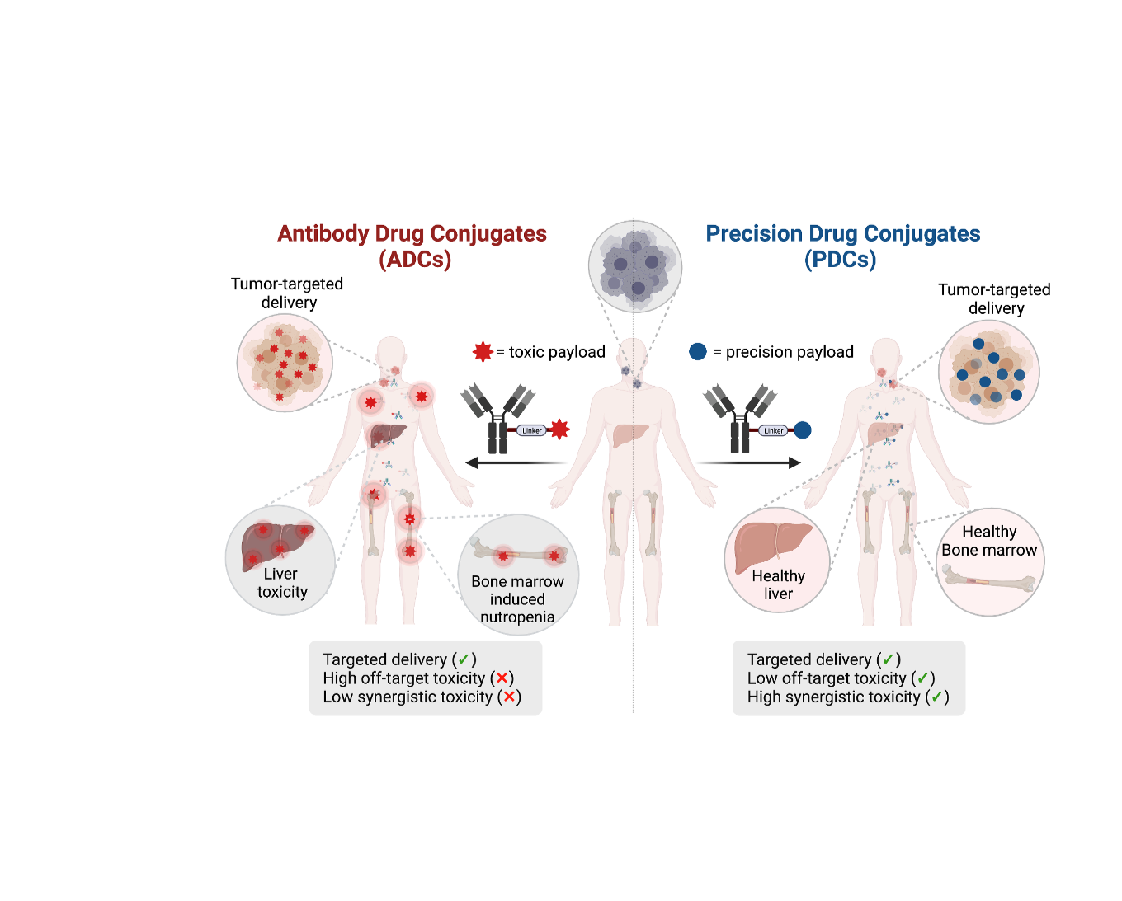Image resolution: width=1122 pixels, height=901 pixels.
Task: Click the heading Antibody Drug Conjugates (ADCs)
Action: tap(412, 246)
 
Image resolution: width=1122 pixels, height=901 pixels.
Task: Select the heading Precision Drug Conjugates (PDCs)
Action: tap(843, 246)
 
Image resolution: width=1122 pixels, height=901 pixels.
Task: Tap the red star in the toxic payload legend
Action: tap(483, 352)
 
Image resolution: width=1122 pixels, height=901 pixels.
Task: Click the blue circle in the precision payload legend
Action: tap(698, 352)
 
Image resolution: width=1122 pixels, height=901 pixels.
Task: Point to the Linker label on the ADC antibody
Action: tap(532, 431)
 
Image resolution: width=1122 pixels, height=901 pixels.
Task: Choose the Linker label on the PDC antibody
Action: tap(774, 431)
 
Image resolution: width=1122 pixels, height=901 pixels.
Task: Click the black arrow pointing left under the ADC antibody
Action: tap(516, 462)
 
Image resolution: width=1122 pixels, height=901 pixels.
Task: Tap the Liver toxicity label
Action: tap(281, 583)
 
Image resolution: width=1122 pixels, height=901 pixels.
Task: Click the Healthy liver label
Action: tap(779, 584)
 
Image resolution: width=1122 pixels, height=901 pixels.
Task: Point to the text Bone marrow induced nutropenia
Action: tap(518, 599)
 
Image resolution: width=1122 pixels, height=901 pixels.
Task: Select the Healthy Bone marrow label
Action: tap(989, 541)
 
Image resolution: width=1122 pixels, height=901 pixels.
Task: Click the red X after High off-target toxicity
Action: tap(502, 678)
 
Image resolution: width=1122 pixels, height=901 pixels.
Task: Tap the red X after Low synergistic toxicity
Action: tap(509, 697)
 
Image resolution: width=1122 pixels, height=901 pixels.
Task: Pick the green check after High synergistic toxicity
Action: tap(937, 697)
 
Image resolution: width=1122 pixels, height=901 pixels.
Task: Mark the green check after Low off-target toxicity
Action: tap(923, 678)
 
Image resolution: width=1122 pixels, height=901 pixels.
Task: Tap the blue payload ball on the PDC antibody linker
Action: tap(803, 430)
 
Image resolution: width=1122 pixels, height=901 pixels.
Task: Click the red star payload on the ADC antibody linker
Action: tap(559, 430)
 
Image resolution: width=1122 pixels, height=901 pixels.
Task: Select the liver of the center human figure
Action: tap(629, 434)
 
